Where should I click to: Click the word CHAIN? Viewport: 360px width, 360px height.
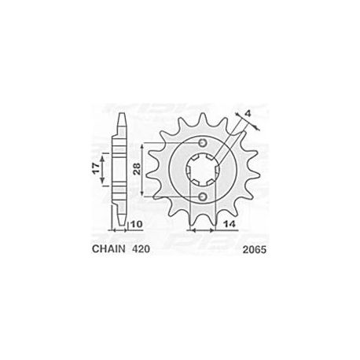pos(108,248)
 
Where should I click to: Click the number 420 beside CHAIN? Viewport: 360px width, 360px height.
pos(141,248)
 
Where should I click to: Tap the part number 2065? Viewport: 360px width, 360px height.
pos(255,250)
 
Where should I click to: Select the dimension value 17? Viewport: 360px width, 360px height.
pos(96,169)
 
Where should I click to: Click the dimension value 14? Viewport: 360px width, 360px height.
pos(230,224)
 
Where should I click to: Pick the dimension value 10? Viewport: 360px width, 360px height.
pos(136,224)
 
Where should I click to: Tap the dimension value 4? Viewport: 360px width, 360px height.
pos(248,113)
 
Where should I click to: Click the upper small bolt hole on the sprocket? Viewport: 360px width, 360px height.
pos(203,143)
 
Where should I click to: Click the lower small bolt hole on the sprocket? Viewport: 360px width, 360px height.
pos(203,197)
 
